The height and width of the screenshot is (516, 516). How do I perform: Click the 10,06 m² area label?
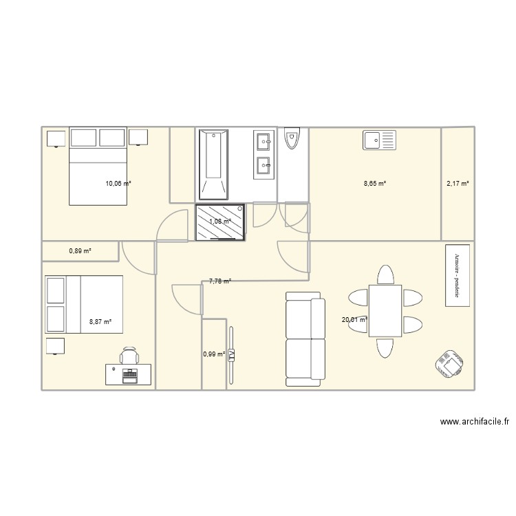tap(118, 184)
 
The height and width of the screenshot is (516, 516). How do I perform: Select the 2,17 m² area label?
tap(458, 184)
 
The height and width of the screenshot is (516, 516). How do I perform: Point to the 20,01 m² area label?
tap(354, 319)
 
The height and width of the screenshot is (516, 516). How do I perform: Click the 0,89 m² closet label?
tap(80, 251)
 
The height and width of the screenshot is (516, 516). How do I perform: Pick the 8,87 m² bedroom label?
tap(100, 321)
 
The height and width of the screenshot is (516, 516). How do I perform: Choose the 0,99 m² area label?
tap(214, 354)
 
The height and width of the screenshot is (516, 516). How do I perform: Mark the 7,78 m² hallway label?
tap(220, 281)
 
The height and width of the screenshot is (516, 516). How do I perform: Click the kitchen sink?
tap(380, 140)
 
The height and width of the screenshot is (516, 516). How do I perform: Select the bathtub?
tap(213, 164)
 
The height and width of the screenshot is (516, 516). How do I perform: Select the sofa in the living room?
tap(305, 338)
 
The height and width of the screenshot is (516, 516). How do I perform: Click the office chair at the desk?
tap(129, 356)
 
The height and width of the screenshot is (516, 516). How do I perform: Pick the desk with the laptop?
tap(122, 375)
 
